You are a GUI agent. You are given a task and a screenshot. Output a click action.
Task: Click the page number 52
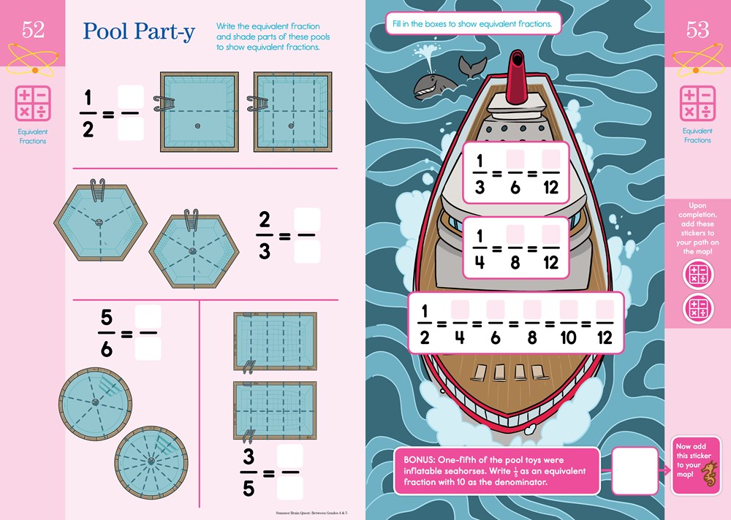33,31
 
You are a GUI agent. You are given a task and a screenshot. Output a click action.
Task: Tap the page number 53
697,31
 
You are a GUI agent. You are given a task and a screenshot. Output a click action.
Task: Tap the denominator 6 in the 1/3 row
515,186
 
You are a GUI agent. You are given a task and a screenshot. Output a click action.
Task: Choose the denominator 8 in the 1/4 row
515,261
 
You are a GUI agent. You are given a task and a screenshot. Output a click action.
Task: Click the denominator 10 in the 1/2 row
568,337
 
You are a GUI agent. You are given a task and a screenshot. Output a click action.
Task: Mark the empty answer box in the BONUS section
635,471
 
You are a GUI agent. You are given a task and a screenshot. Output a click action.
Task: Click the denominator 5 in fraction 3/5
249,487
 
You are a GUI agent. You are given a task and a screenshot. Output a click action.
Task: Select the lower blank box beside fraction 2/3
307,251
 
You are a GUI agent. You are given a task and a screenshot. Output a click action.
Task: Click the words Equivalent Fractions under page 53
697,136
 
